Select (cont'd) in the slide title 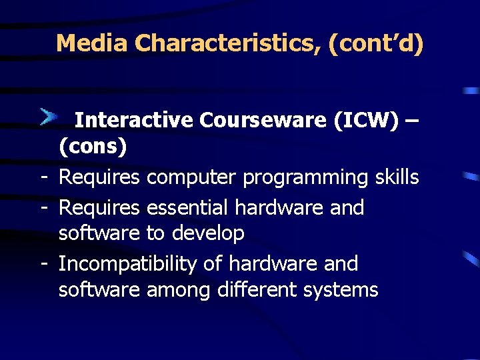[x=375, y=44]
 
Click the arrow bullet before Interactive [x=49, y=118]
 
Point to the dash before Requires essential [x=43, y=208]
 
